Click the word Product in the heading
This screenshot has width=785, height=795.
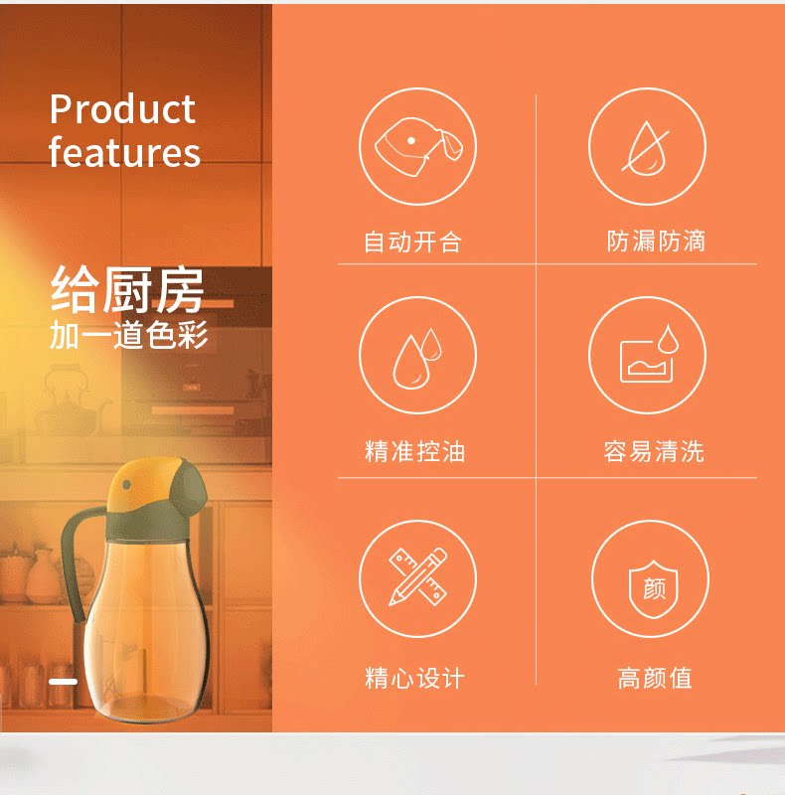click(x=122, y=109)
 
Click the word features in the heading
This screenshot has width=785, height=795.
click(x=125, y=152)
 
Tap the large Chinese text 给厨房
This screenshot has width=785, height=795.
click(x=127, y=289)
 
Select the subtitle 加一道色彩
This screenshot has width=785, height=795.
click(x=129, y=335)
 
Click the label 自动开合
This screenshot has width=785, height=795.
click(x=412, y=241)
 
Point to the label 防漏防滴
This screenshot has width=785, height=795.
click(x=656, y=240)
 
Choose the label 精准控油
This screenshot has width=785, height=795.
click(x=414, y=451)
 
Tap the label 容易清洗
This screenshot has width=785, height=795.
click(x=654, y=451)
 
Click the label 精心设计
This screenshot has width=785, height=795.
click(x=414, y=678)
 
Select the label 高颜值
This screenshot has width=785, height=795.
click(x=655, y=678)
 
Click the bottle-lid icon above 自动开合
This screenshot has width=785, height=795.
click(x=418, y=146)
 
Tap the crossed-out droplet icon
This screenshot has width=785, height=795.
click(x=646, y=147)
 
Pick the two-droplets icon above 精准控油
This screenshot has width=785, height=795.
click(x=417, y=358)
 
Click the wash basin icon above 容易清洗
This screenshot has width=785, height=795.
click(x=649, y=354)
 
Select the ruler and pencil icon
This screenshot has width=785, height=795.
click(x=418, y=576)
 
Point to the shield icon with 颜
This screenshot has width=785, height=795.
click(x=654, y=588)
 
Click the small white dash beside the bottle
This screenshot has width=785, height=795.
click(x=64, y=682)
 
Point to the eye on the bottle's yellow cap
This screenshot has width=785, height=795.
click(x=127, y=485)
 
